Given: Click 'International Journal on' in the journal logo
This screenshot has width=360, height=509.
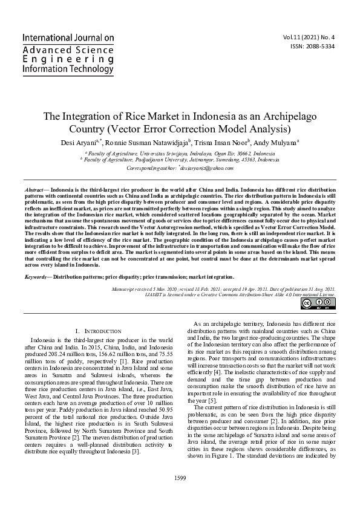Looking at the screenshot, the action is point(68,37).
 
